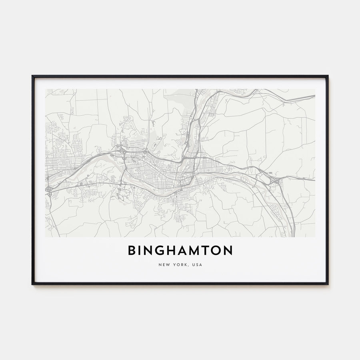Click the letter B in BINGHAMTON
click(132, 251)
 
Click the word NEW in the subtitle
click(164, 265)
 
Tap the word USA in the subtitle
click(197, 265)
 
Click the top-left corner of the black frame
click(32, 76)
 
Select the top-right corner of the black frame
click(328, 76)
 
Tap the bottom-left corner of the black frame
click(32, 284)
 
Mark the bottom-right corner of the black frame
click(328, 284)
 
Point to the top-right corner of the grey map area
click(315, 89)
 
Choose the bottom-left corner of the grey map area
click(46, 237)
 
